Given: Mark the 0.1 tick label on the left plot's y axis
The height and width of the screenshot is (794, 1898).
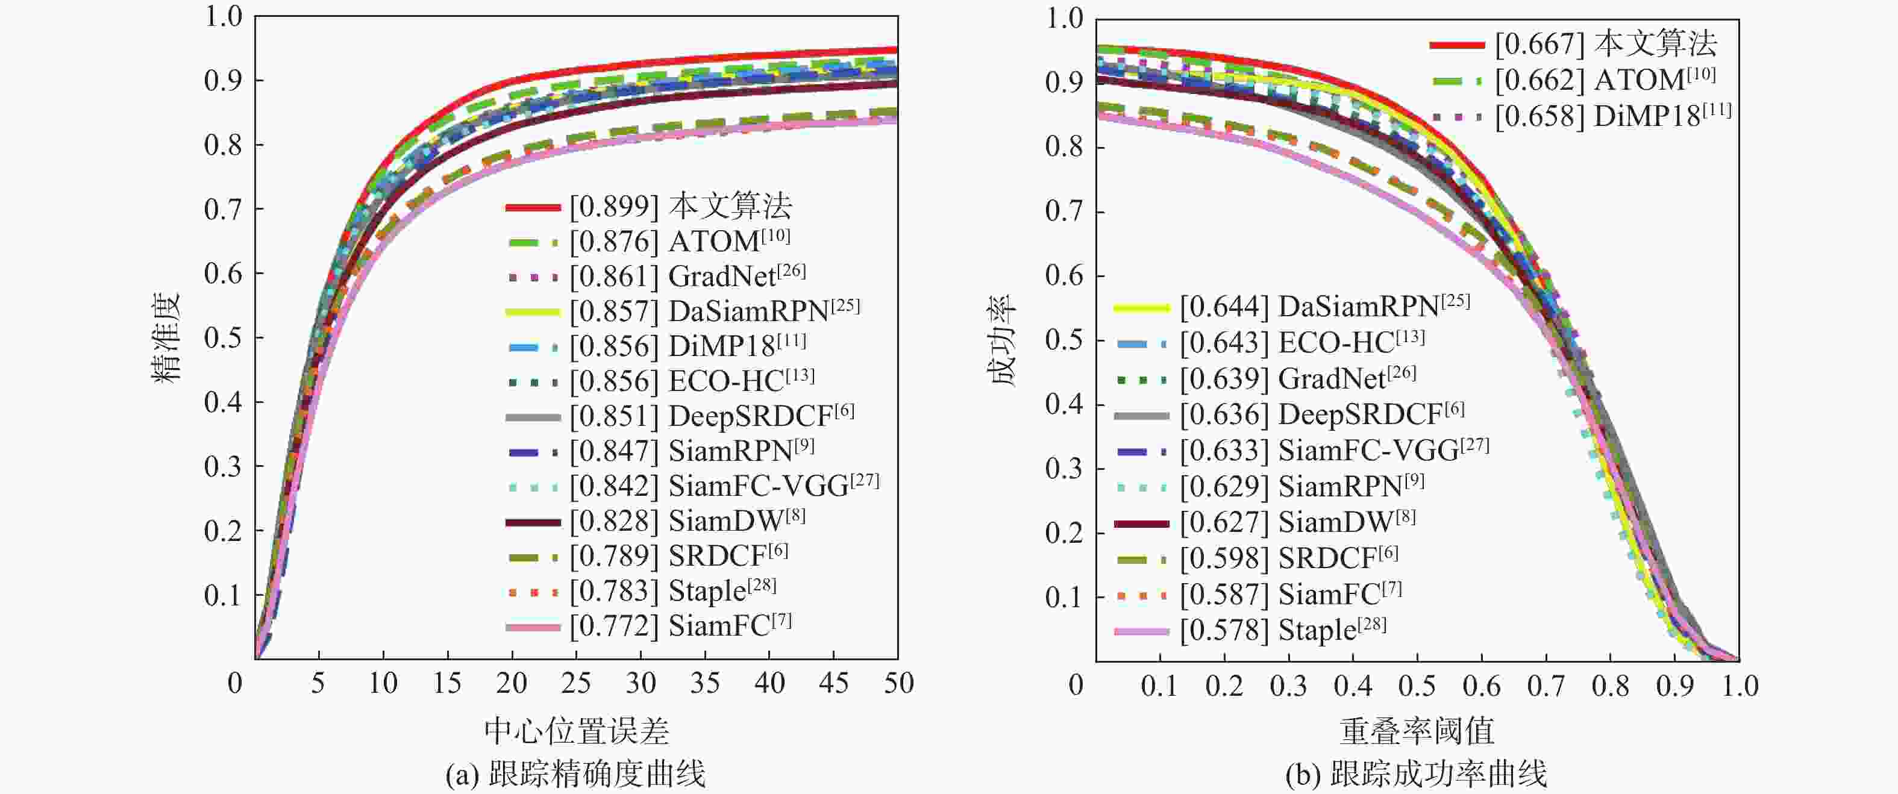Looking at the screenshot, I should tap(224, 595).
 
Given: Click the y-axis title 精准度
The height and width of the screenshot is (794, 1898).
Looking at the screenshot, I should tap(166, 337).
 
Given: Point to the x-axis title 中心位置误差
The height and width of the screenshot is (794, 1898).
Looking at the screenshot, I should tap(576, 731).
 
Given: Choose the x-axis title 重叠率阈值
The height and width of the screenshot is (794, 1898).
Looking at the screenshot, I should tap(1416, 731).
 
